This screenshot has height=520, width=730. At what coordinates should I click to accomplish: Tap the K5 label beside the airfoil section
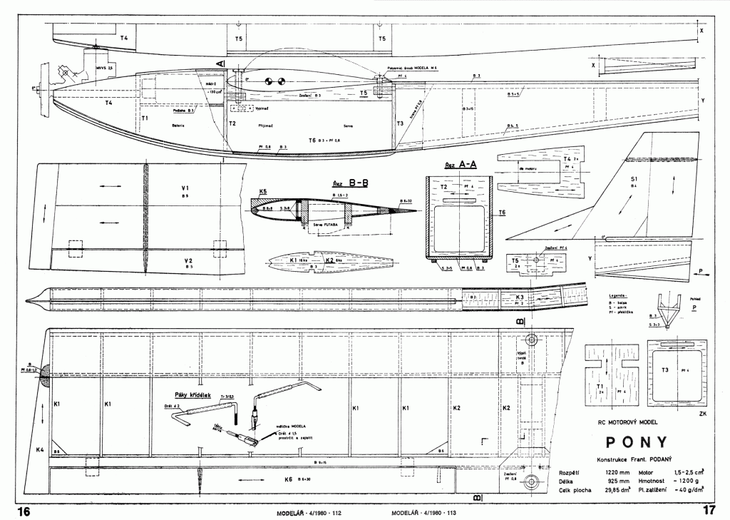pyautogui.click(x=264, y=192)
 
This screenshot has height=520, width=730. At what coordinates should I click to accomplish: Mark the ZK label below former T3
pyautogui.click(x=704, y=413)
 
